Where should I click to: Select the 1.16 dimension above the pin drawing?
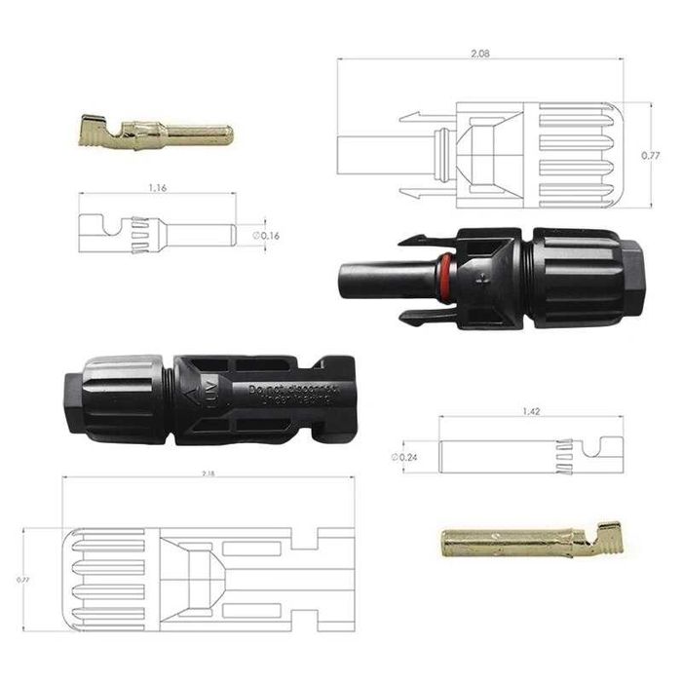pos(156,187)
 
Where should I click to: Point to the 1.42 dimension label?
pos(531,412)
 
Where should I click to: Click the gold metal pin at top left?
pos(154,130)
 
